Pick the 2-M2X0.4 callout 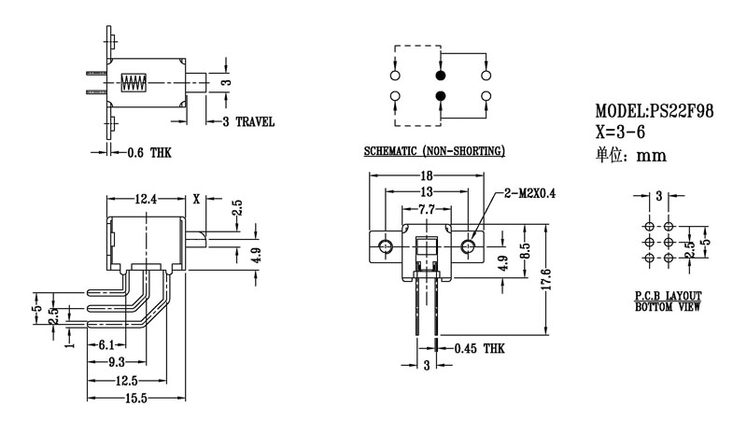click(x=529, y=194)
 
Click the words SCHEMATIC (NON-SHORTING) click(x=434, y=151)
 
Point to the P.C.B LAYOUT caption click(x=667, y=295)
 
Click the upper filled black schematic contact click(x=440, y=75)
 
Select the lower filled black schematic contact click(x=440, y=96)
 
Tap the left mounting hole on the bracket click(x=385, y=246)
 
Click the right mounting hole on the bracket click(x=468, y=246)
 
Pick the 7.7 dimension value click(x=426, y=212)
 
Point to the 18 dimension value click(x=426, y=175)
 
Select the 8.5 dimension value click(x=526, y=251)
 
